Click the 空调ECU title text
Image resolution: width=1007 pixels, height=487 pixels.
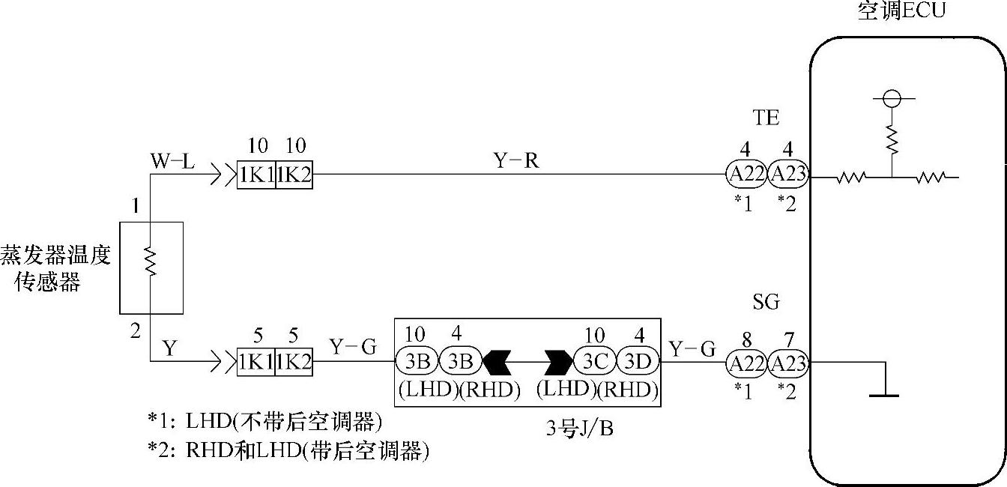click(902, 11)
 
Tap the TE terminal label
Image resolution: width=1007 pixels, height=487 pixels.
click(766, 118)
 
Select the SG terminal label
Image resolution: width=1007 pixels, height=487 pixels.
click(766, 302)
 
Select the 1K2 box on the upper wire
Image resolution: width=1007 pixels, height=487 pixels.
click(294, 178)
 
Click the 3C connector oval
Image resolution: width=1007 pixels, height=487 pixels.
click(595, 363)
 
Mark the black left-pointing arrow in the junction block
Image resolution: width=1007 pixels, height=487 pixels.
click(496, 363)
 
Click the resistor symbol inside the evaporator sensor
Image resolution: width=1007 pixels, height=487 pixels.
click(151, 262)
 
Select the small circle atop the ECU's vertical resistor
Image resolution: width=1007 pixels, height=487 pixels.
click(891, 99)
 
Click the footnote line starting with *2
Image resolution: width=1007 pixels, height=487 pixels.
click(292, 451)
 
